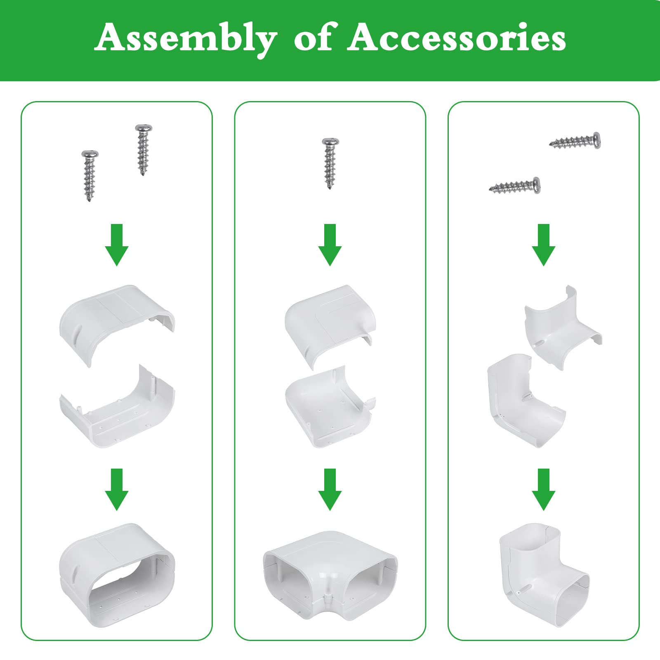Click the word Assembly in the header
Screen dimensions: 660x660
pyautogui.click(x=186, y=39)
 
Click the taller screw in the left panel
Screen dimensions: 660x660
pyautogui.click(x=144, y=150)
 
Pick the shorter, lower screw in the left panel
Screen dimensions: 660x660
pyautogui.click(x=90, y=176)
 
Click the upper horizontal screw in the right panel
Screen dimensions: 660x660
pyautogui.click(x=575, y=141)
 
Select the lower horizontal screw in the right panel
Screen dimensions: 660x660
pyautogui.click(x=515, y=186)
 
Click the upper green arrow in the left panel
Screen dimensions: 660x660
pyautogui.click(x=117, y=245)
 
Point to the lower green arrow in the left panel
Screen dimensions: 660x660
pyautogui.click(x=117, y=490)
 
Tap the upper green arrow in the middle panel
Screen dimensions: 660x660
pyautogui.click(x=330, y=245)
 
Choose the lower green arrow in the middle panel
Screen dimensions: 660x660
pyautogui.click(x=330, y=490)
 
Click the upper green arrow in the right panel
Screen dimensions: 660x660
pyautogui.click(x=544, y=245)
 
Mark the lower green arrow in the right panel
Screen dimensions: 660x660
pyautogui.click(x=544, y=490)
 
